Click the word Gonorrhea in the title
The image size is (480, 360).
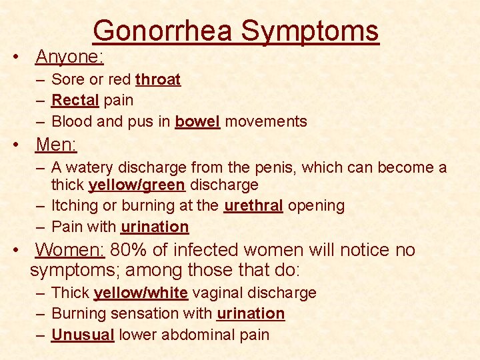tap(163, 31)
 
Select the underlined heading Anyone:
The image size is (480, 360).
tap(69, 57)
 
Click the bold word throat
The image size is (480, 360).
tap(158, 80)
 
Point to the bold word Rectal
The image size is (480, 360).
tap(75, 101)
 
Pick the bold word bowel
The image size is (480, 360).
tap(197, 121)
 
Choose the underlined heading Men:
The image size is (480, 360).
tap(56, 145)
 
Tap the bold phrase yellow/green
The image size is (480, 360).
tap(137, 184)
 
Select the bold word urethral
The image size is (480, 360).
tap(253, 205)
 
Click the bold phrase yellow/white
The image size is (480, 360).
tap(141, 293)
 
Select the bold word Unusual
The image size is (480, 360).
tap(83, 335)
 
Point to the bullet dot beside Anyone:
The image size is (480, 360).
tap(15, 57)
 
